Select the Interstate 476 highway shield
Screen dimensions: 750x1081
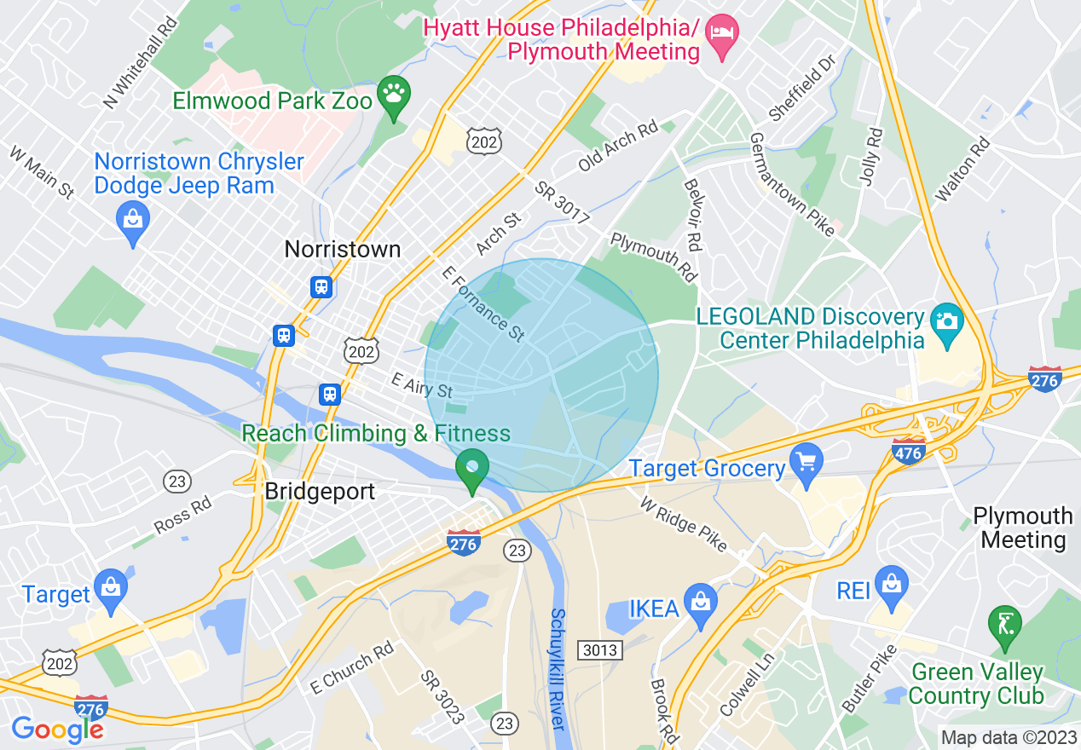click(x=908, y=450)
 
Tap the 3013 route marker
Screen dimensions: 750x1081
click(x=600, y=650)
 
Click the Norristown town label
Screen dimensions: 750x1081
click(x=342, y=249)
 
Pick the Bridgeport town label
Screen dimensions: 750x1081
click(x=320, y=492)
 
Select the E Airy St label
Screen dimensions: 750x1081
click(x=421, y=386)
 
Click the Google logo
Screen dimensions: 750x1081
click(x=56, y=729)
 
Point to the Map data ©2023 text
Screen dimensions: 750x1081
click(x=1007, y=737)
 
